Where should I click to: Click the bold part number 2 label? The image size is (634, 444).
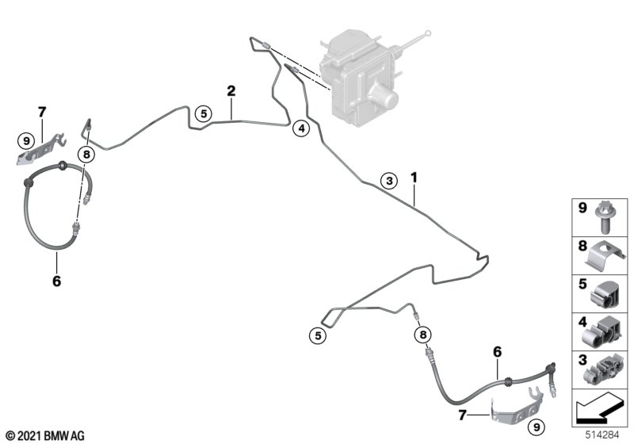click(231, 91)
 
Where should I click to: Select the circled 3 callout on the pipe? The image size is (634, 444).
click(388, 181)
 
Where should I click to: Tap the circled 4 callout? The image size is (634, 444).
click(300, 128)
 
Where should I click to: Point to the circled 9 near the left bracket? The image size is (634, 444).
click(26, 142)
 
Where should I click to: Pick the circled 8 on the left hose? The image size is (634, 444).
click(86, 155)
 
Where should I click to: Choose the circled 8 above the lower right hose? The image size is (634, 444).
click(422, 335)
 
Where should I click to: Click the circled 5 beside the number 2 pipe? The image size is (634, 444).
click(204, 114)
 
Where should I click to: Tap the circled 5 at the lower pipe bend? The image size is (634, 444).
click(318, 336)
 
